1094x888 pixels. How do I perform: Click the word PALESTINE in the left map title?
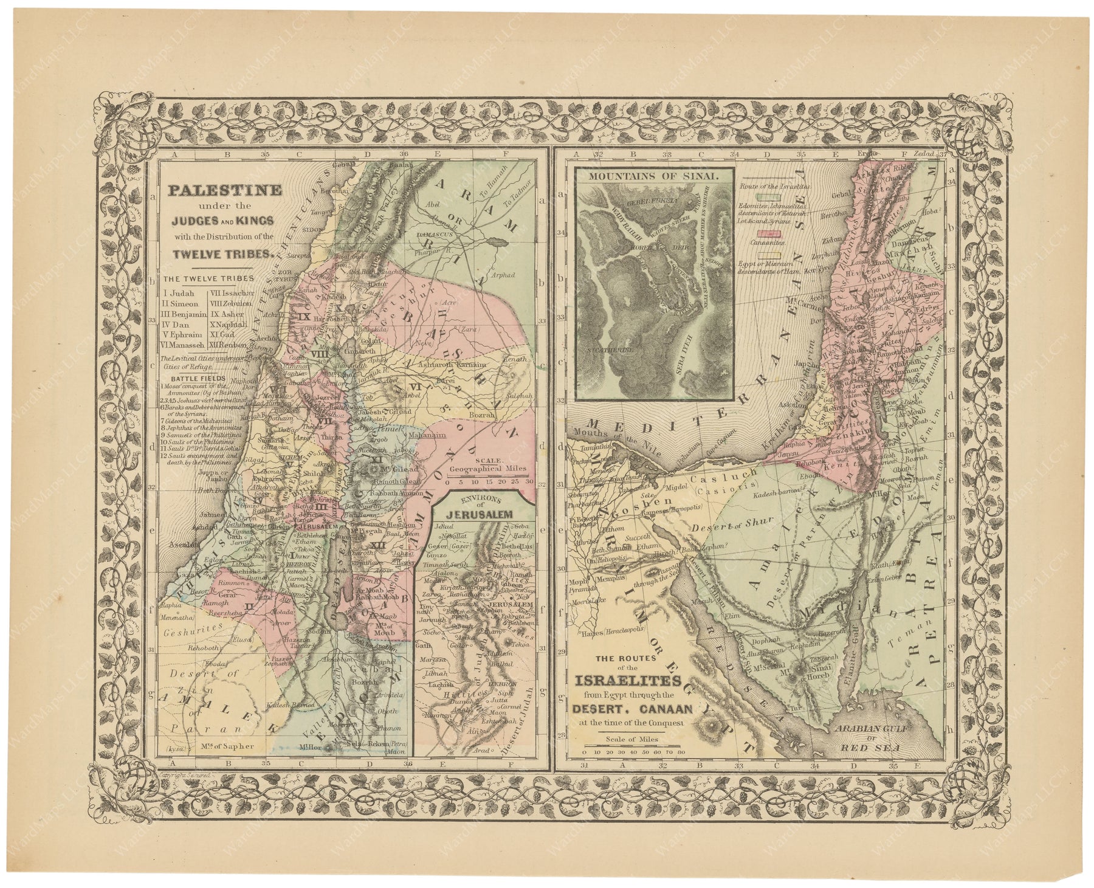pos(224,190)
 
